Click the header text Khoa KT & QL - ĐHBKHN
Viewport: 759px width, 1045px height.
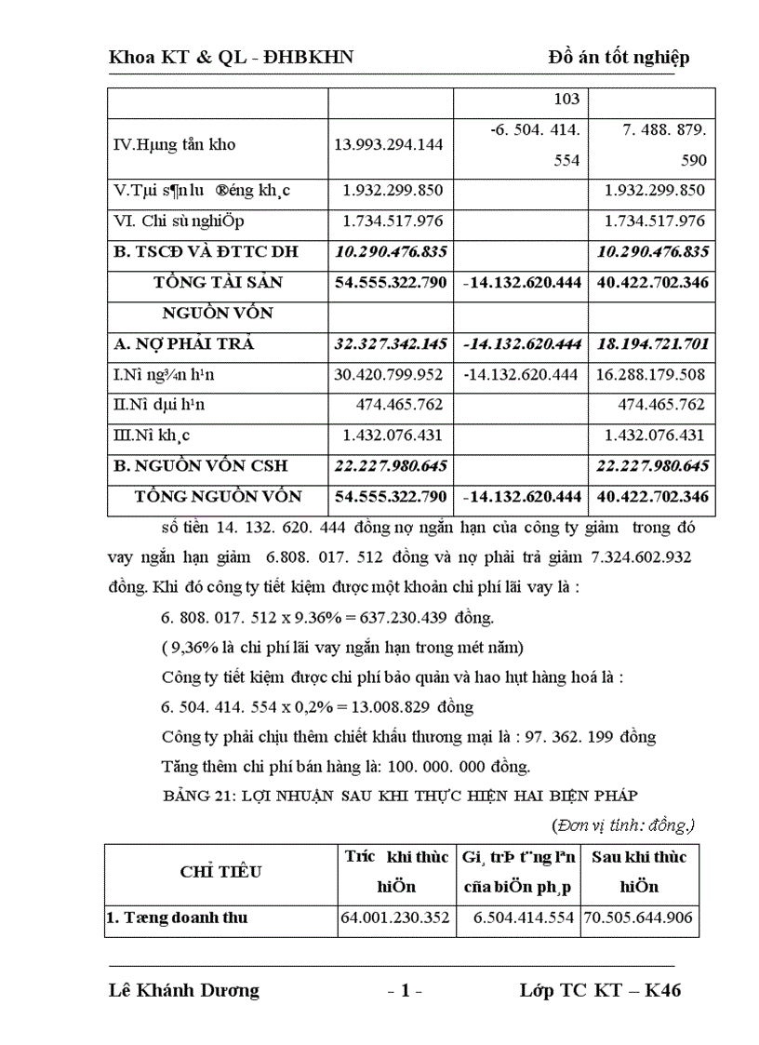231,59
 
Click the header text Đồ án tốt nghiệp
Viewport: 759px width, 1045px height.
619,59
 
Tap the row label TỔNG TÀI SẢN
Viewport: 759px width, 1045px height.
218,282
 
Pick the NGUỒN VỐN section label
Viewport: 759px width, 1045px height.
218,313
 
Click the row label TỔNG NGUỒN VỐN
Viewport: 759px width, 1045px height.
218,497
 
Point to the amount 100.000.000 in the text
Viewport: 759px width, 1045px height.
446,767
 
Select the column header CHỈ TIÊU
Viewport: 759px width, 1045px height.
220,872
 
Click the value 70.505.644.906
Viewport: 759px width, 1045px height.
638,918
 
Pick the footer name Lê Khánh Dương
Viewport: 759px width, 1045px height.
184,991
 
